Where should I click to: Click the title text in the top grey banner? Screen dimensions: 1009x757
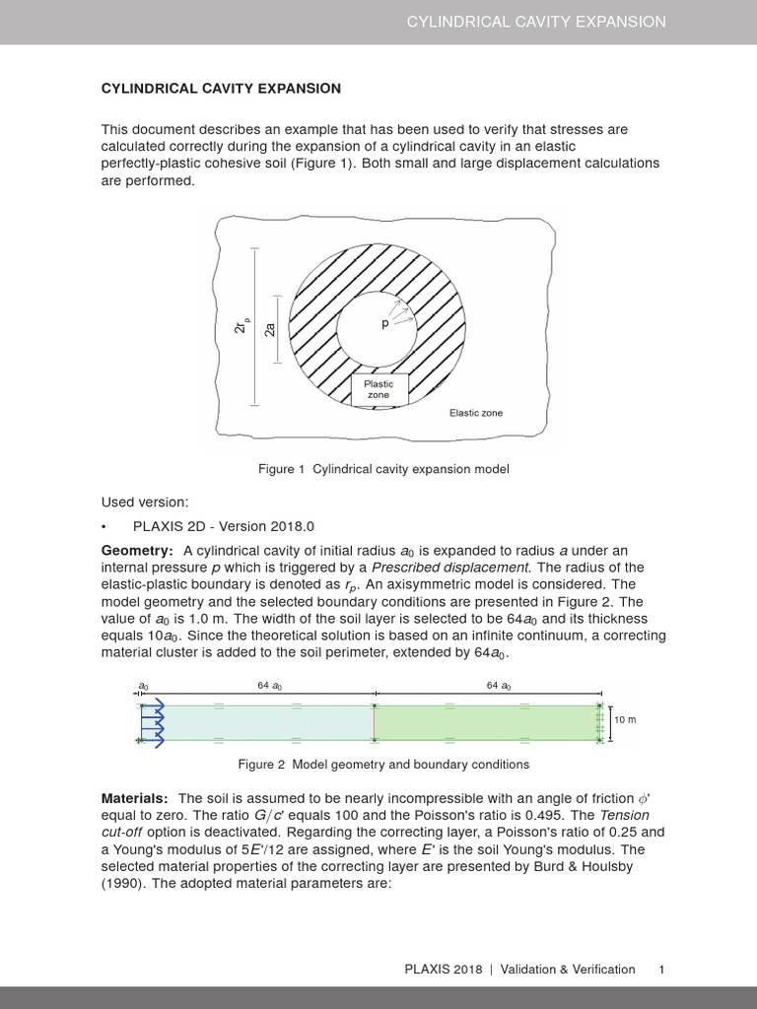coord(536,22)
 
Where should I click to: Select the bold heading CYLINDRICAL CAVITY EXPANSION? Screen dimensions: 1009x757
coord(222,89)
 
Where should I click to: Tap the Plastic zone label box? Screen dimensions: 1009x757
coord(378,389)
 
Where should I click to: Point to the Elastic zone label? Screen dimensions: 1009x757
coord(476,413)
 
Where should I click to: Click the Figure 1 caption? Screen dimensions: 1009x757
coord(383,470)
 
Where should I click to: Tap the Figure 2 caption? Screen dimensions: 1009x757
coord(383,764)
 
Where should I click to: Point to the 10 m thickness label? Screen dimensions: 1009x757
coord(625,720)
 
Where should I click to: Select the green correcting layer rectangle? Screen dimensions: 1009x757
coord(485,722)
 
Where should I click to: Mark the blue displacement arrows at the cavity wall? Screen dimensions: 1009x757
coord(155,723)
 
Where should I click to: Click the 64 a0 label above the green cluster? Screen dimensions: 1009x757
coord(499,686)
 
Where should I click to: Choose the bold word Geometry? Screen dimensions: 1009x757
coord(138,550)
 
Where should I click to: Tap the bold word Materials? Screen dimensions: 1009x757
coord(135,797)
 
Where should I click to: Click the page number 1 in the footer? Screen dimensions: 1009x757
coord(662,970)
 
